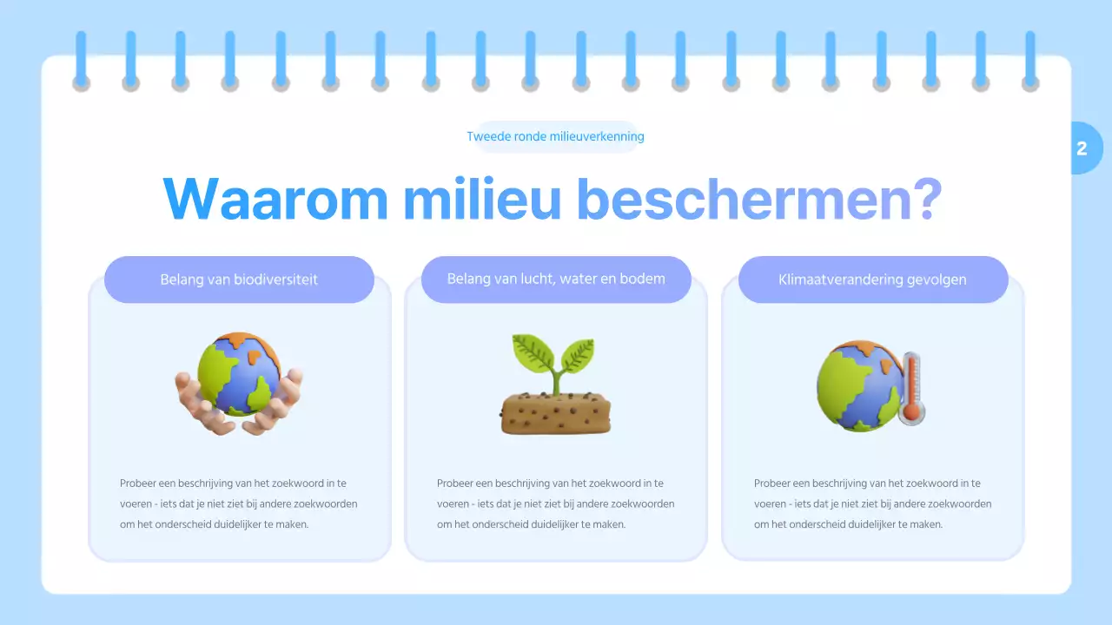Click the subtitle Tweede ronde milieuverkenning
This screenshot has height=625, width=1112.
point(555,136)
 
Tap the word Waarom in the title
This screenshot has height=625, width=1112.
point(275,200)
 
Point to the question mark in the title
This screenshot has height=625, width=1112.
point(928,200)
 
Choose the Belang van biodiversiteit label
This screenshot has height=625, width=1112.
point(239,280)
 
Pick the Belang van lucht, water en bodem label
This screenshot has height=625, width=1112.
point(556,280)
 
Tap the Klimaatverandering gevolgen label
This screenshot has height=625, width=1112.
point(872,280)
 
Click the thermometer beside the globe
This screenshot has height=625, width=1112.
point(911,387)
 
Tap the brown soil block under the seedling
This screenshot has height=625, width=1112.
point(556,413)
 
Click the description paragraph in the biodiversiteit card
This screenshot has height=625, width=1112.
point(239,503)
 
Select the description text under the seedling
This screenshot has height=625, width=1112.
point(556,503)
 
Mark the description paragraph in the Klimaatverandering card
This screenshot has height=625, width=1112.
point(872,503)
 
